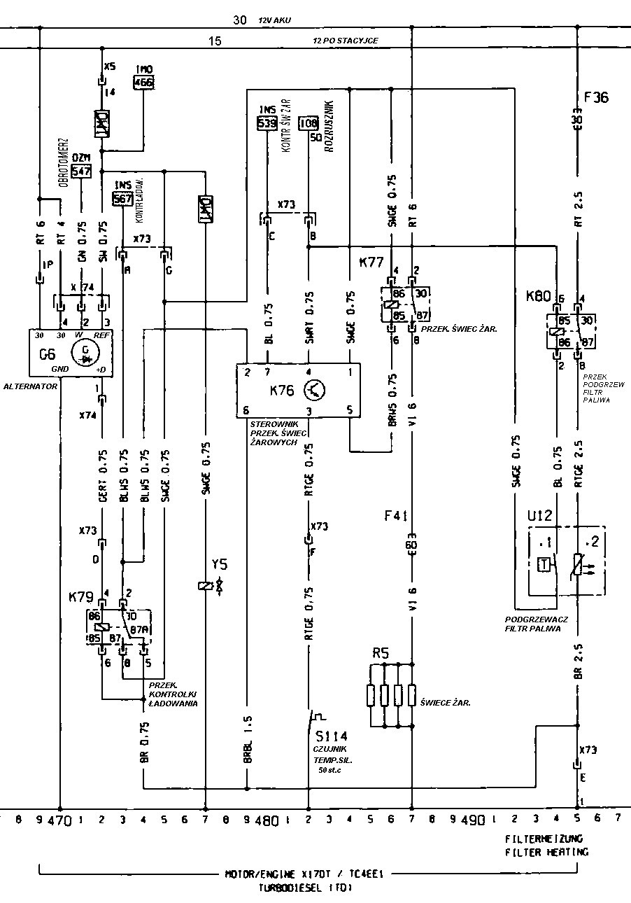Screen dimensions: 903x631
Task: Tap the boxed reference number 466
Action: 143,82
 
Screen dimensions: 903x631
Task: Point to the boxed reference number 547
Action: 82,170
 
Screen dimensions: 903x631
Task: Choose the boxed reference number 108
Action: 309,124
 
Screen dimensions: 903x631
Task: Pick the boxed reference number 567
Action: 123,197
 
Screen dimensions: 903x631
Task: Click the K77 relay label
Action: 371,263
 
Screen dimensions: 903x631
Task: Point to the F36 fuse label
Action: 596,97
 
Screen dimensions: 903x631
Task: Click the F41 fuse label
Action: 395,516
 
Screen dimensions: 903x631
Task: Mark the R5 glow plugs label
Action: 381,654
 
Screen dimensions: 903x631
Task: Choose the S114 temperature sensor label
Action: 331,736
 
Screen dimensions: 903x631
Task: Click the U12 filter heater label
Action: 540,517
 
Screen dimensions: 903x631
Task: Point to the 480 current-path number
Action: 267,819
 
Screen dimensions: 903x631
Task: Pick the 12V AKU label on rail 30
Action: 274,21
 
